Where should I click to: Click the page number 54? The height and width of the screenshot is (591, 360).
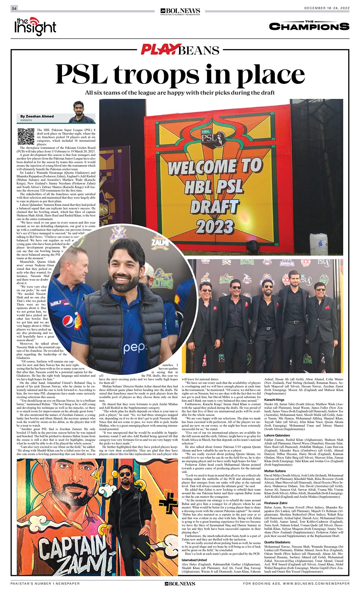pyautogui.click(x=14, y=8)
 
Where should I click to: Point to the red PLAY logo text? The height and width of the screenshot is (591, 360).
pyautogui.click(x=158, y=50)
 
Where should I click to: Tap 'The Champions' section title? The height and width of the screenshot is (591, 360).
pyautogui.click(x=309, y=26)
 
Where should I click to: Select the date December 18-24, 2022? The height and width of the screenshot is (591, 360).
pyautogui.click(x=326, y=9)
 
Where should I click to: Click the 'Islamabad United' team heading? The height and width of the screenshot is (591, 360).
pyautogui.click(x=194, y=560)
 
